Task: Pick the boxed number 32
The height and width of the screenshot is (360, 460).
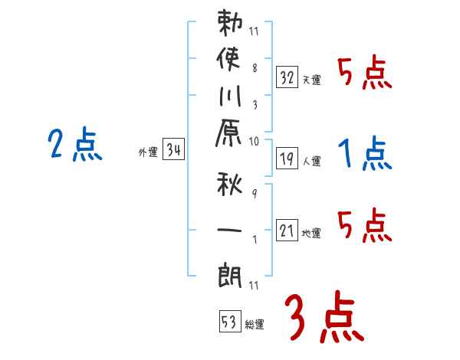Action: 287,76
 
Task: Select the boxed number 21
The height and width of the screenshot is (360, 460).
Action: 287,230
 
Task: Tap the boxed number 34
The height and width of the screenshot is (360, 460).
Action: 173,150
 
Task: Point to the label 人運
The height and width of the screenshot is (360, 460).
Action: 312,162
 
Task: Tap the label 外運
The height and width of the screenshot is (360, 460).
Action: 148,152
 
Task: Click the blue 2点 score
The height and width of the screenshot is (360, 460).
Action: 75,146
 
